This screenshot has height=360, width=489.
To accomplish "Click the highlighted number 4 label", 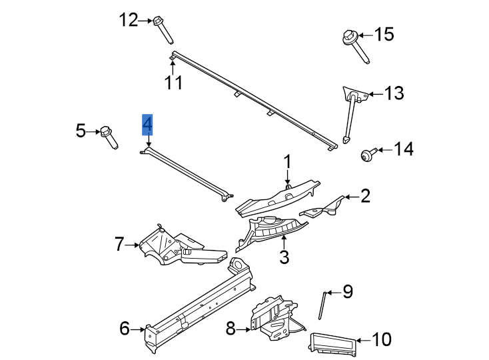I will [147, 124].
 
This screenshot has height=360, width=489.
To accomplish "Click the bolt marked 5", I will [109, 137].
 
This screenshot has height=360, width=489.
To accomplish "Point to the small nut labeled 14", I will [366, 155].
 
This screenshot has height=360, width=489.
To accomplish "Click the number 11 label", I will [174, 82].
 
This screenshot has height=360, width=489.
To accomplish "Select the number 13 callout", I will [394, 93].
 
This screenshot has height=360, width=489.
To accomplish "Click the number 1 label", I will [288, 162].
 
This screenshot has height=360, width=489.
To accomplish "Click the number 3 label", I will [284, 257].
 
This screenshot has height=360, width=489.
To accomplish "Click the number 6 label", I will [124, 328].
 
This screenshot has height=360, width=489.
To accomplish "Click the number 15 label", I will [384, 34].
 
